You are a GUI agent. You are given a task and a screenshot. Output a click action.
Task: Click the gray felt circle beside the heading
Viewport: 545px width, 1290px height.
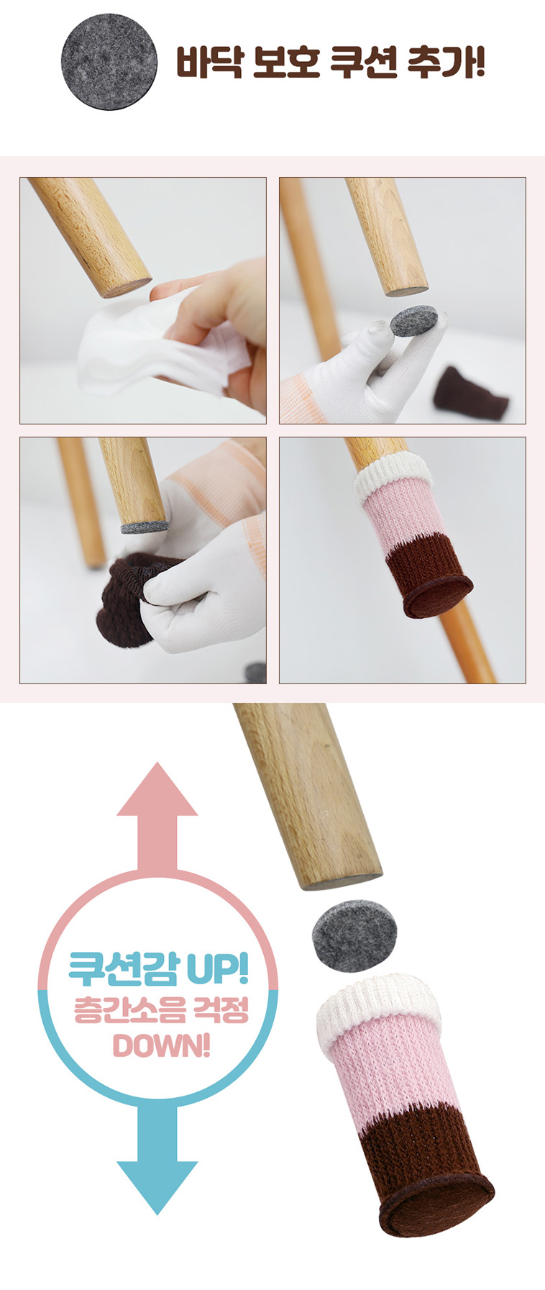(109, 62)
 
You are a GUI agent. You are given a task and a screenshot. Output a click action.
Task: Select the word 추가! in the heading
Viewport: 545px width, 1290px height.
(446, 63)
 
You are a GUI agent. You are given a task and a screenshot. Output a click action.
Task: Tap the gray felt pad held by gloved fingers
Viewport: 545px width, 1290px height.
(414, 320)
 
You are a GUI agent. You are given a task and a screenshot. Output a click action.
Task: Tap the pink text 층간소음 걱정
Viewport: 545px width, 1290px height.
(161, 1009)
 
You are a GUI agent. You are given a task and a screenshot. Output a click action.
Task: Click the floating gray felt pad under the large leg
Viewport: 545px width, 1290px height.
(355, 936)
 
